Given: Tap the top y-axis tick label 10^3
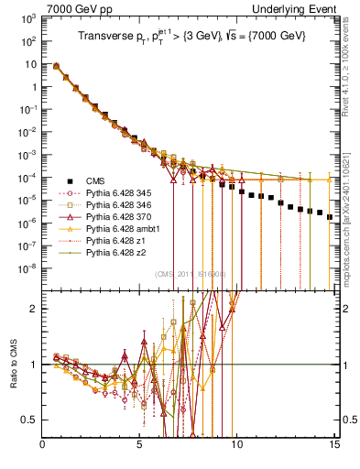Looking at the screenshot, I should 27,19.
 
